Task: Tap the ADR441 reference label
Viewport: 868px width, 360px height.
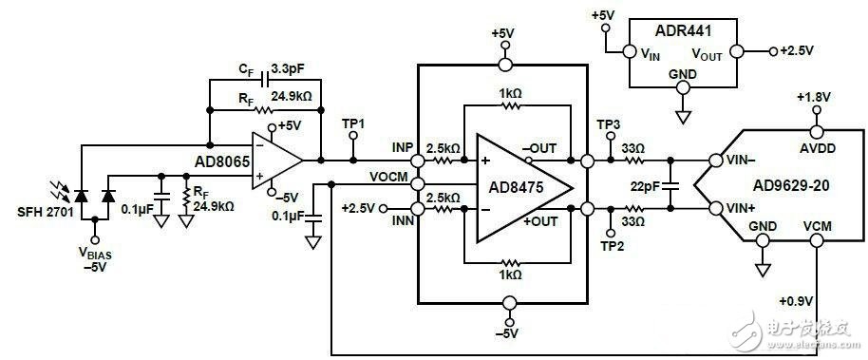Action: tap(683, 30)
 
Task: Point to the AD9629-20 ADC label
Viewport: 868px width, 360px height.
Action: tap(790, 185)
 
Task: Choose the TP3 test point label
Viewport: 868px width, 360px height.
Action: tap(609, 123)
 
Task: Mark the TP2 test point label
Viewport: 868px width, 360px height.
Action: tap(613, 246)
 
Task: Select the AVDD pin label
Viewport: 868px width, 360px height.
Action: tap(817, 148)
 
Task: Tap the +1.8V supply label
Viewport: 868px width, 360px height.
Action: tap(814, 98)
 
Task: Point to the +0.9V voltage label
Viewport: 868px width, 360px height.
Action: tap(796, 301)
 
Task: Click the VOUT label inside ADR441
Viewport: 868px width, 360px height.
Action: tap(707, 54)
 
